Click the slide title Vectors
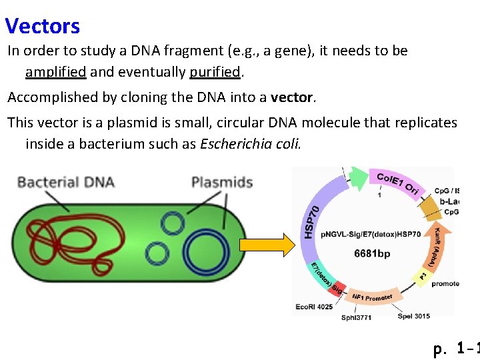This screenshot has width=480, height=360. (x=43, y=26)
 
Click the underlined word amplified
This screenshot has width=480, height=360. (x=56, y=71)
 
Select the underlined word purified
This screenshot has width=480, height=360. (x=214, y=71)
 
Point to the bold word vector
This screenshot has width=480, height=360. (x=292, y=97)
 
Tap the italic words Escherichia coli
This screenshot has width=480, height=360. (x=251, y=144)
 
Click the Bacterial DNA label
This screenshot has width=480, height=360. (x=65, y=182)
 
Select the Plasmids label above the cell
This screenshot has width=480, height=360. (x=222, y=182)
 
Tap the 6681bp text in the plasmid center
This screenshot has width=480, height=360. (x=372, y=253)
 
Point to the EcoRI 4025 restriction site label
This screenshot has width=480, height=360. (x=314, y=307)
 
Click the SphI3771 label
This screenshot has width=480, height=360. (x=356, y=317)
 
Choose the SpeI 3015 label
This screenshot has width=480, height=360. (x=414, y=316)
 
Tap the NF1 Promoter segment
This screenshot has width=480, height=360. (x=373, y=297)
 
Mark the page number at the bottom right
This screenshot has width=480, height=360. (x=456, y=348)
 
